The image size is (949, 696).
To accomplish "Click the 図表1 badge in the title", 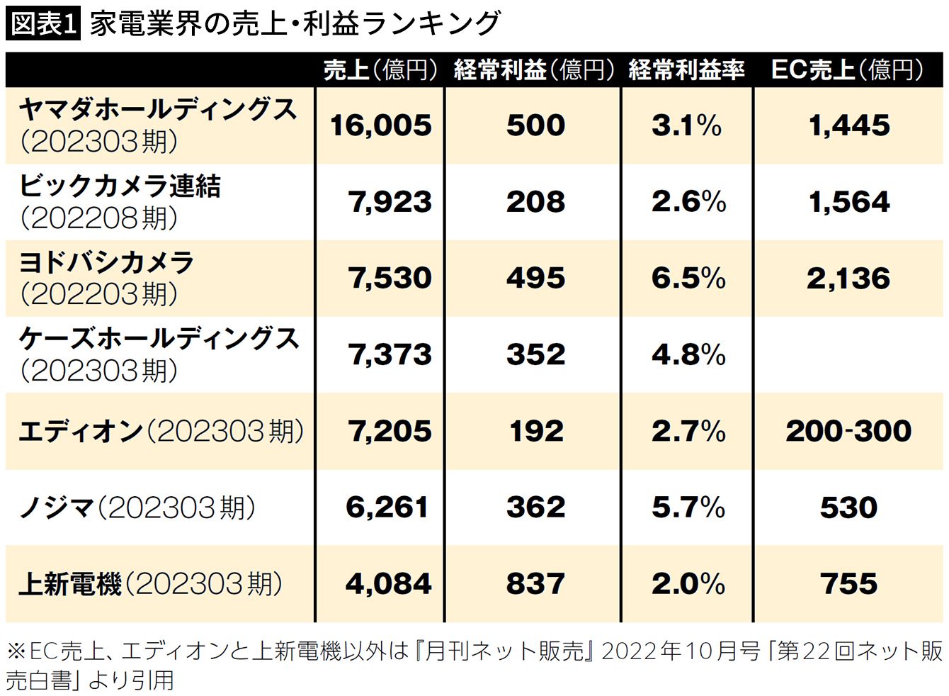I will click(x=42, y=23).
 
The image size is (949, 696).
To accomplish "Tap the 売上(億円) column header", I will click(x=380, y=69).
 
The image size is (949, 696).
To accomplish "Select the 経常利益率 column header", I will click(x=686, y=69).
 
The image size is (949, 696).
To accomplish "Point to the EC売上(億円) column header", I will click(x=848, y=69).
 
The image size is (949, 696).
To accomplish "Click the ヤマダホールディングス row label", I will click(x=157, y=125).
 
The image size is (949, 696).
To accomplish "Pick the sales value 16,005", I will click(x=380, y=126).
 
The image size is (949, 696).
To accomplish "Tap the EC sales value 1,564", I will click(x=848, y=203).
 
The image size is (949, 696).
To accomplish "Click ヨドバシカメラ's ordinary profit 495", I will click(x=535, y=279).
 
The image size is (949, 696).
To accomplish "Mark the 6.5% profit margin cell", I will click(x=688, y=279).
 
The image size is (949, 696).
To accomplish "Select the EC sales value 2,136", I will click(x=848, y=279).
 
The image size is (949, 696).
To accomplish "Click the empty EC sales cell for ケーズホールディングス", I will click(x=848, y=354).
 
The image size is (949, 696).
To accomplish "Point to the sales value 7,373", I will click(x=390, y=354).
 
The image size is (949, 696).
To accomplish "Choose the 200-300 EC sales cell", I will click(x=848, y=431).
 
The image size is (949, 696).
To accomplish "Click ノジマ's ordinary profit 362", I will click(x=535, y=507).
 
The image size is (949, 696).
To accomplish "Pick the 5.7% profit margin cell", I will click(x=688, y=507).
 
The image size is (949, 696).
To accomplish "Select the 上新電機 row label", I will click(x=150, y=584).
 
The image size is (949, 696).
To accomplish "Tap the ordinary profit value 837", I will click(x=535, y=584).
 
